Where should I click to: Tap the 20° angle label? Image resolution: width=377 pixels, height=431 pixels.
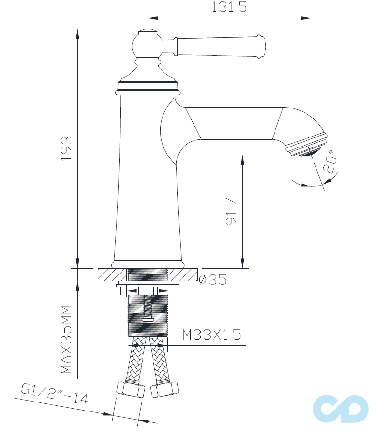(x=330, y=162)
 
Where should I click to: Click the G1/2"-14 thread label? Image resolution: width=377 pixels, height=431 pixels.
(x=55, y=394)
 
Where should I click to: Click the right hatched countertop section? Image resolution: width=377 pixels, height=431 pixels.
(x=184, y=274)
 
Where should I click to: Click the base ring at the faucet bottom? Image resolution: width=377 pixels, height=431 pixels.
(x=148, y=264)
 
